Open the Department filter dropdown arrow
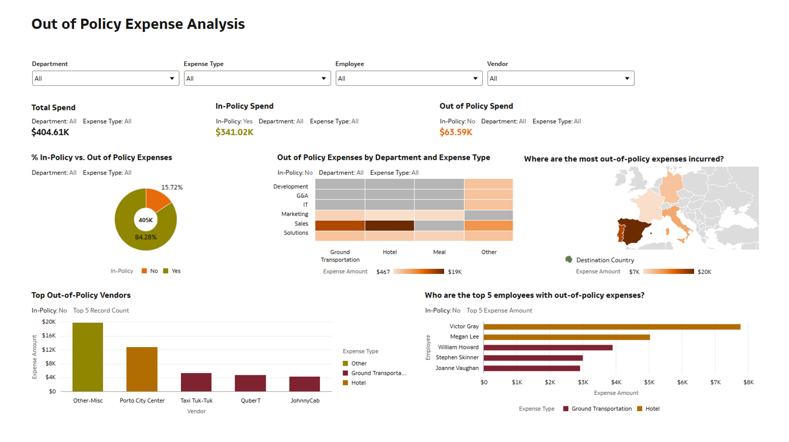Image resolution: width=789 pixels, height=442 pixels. pyautogui.click(x=172, y=79)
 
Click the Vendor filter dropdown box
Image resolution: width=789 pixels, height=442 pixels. pyautogui.click(x=560, y=79)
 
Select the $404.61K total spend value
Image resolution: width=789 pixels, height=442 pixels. pyautogui.click(x=50, y=132)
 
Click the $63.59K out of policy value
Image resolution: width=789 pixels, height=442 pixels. pyautogui.click(x=456, y=132)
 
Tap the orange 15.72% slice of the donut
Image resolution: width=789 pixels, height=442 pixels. pyautogui.click(x=159, y=201)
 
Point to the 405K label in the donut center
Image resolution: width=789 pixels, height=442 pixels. pyautogui.click(x=146, y=220)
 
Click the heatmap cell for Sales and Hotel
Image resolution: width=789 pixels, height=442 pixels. pyautogui.click(x=390, y=226)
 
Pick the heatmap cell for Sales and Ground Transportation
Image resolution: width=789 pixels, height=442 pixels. pyautogui.click(x=340, y=226)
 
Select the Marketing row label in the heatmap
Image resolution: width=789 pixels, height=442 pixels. pyautogui.click(x=295, y=214)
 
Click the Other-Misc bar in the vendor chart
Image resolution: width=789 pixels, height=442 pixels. pyautogui.click(x=88, y=357)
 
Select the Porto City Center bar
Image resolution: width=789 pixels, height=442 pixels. pyautogui.click(x=142, y=369)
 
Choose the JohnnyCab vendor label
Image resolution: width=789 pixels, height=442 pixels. pyautogui.click(x=304, y=400)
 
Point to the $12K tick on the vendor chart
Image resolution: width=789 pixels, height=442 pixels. pyautogui.click(x=49, y=349)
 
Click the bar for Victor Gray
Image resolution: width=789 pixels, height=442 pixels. pyautogui.click(x=612, y=327)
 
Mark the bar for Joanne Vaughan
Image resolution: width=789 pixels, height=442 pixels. pyautogui.click(x=532, y=368)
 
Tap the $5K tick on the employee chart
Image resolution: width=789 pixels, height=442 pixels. pyautogui.click(x=649, y=382)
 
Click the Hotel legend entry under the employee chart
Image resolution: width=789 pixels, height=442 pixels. pyautogui.click(x=649, y=409)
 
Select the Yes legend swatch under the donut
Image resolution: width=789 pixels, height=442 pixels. pyautogui.click(x=167, y=271)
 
